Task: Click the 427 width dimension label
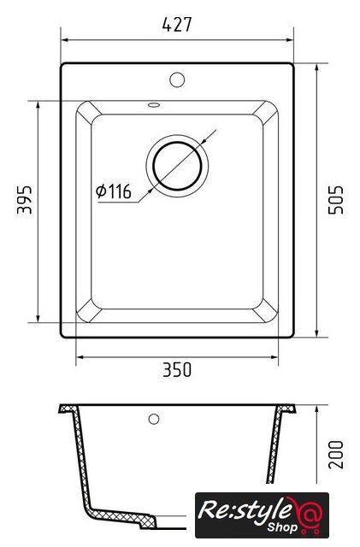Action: (x=177, y=25)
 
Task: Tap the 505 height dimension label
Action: (x=336, y=200)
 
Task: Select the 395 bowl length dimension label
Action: (x=25, y=199)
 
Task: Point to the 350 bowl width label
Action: (x=177, y=370)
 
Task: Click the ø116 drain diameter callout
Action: (x=114, y=191)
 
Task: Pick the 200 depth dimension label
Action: (x=336, y=455)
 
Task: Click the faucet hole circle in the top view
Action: (x=177, y=79)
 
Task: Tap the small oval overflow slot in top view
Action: (x=154, y=104)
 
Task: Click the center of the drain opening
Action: (x=177, y=166)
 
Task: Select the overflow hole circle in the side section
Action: (x=154, y=419)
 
